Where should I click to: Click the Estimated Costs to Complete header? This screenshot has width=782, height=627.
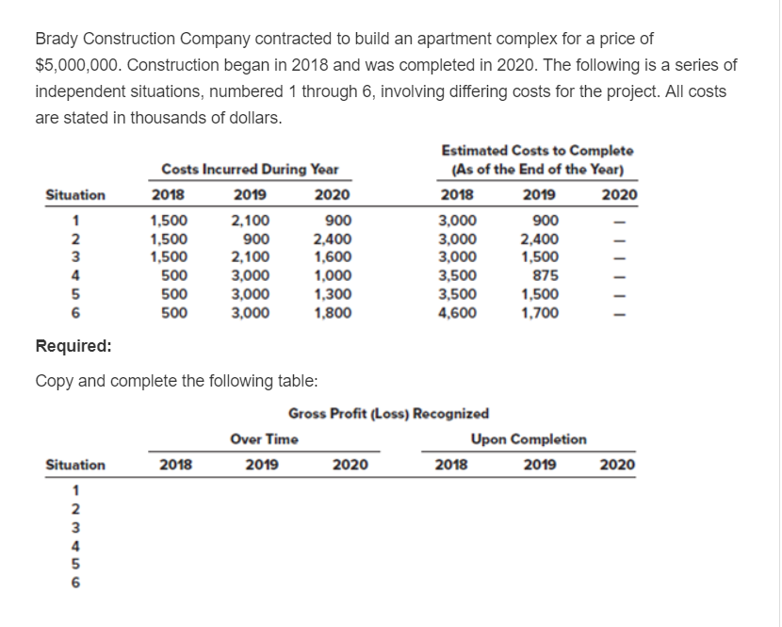coord(537,151)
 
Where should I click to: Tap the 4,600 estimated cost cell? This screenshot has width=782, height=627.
coord(459,312)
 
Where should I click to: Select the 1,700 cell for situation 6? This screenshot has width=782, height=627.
coord(540,312)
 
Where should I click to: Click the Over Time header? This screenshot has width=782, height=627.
coord(264,439)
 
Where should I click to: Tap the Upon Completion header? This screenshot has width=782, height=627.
coord(529,439)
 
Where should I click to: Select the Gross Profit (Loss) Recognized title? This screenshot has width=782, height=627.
coord(388,413)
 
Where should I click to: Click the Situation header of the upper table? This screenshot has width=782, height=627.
coord(75,196)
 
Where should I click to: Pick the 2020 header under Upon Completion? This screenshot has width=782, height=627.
coord(617,465)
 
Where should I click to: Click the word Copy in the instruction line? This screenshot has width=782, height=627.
coord(53,381)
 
